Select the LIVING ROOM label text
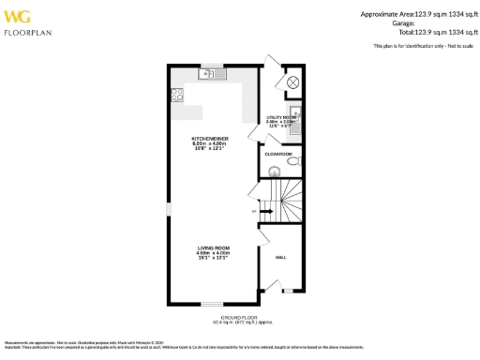214,247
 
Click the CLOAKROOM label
278,154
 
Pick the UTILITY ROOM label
281,116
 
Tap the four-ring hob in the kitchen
175,94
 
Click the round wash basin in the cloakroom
273,171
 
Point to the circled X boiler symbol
292,83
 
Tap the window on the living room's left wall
168,207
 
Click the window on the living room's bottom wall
215,304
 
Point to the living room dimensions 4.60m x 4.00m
214,253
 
